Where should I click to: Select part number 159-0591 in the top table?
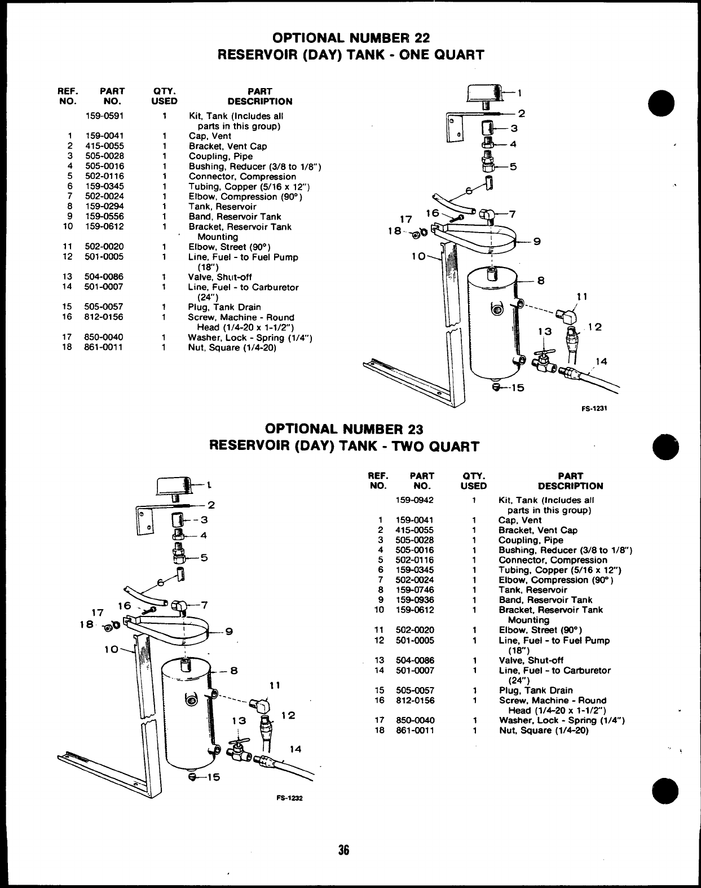point(104,116)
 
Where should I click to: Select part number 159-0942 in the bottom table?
point(415,500)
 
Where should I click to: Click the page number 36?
point(344,850)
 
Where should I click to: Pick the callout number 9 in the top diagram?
point(537,242)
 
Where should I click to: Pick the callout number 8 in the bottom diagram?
point(234,671)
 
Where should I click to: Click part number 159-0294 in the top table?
point(104,207)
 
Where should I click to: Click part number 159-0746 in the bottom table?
point(415,590)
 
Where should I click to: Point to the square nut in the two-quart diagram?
point(114,625)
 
